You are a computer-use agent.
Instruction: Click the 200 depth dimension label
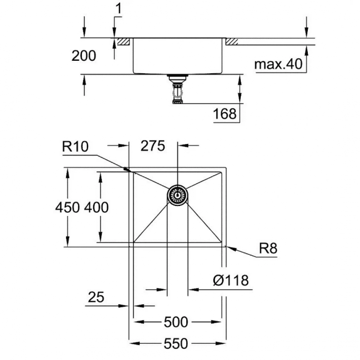tap(84, 56)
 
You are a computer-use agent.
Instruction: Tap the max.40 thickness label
tap(278, 64)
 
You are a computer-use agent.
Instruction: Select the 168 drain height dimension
tap(225, 113)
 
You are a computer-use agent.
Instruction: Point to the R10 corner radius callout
tap(75, 146)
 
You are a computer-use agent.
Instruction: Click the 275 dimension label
tap(153, 146)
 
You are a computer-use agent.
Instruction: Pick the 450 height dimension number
tap(67, 207)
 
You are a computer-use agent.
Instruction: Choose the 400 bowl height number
tap(96, 207)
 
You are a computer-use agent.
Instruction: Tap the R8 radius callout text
tap(268, 248)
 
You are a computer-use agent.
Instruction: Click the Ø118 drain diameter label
tap(231, 280)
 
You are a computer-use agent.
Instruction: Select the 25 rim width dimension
tap(96, 297)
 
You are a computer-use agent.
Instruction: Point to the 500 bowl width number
tap(176, 322)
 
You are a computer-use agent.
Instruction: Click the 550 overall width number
tap(176, 344)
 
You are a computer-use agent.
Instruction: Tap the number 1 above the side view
tap(118, 9)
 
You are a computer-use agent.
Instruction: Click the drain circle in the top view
tap(177, 195)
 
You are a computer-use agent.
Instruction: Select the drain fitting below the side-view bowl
tap(177, 89)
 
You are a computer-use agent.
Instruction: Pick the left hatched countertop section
tap(123, 41)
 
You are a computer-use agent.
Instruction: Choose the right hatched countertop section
tap(232, 41)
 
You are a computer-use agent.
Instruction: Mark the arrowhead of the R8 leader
tap(229, 248)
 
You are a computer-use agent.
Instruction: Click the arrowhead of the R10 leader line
tap(128, 170)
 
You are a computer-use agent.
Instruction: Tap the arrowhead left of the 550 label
tap(135, 344)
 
